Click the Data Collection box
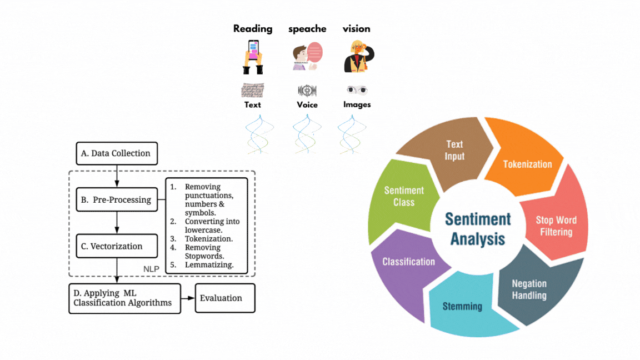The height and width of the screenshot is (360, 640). click(117, 153)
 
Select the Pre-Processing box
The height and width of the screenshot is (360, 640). click(117, 199)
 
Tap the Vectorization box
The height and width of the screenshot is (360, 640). click(117, 246)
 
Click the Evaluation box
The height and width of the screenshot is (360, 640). click(225, 298)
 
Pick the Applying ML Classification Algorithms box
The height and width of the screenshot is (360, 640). click(125, 298)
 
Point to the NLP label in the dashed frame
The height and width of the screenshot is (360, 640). click(151, 269)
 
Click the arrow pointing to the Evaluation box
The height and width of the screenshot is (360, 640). click(188, 298)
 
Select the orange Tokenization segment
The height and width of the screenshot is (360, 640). click(527, 163)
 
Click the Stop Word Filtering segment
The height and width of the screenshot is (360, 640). click(556, 225)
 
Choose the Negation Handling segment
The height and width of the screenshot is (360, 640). click(529, 290)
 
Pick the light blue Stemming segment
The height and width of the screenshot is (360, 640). click(462, 307)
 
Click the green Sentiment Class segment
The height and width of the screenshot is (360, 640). click(404, 196)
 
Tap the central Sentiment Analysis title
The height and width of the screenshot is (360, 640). click(478, 228)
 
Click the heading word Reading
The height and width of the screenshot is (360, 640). click(253, 29)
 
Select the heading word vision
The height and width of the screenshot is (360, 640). click(356, 29)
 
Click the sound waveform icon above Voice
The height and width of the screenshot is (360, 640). click(307, 90)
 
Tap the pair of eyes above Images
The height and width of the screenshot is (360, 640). click(357, 89)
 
